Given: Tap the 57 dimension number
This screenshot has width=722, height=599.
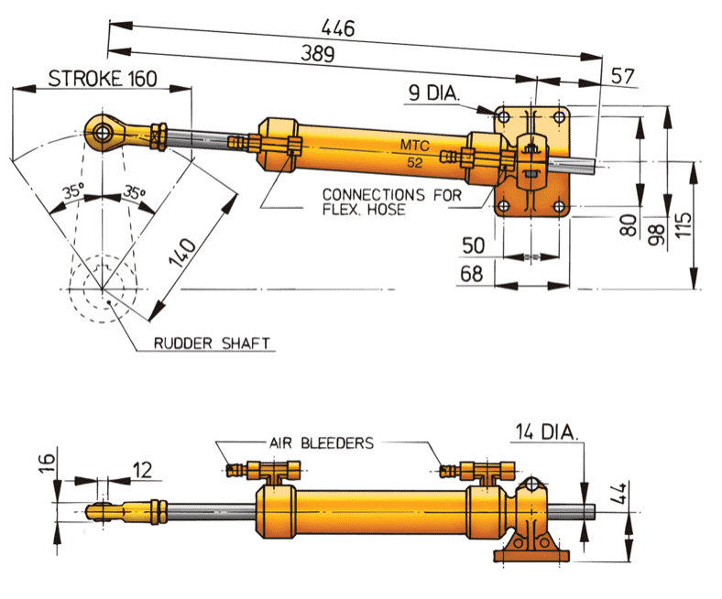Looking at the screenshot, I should click(623, 77).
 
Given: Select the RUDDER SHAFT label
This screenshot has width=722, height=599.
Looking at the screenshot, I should click(212, 343).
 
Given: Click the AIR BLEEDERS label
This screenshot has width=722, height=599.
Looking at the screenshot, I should click(321, 442).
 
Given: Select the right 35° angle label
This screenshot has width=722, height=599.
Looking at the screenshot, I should click(135, 193).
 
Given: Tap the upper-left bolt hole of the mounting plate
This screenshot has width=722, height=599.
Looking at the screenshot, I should click(503, 117).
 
